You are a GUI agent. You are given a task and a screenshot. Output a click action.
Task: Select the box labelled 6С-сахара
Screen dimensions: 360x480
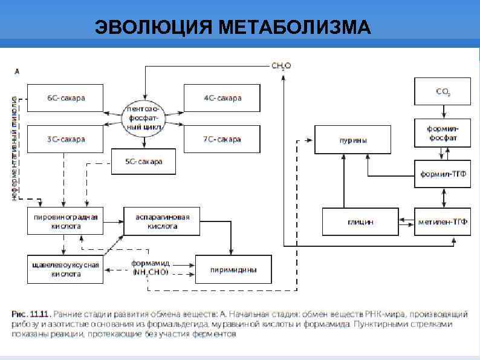pos(66,98)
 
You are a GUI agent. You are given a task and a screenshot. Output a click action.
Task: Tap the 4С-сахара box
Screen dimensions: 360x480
pos(222,98)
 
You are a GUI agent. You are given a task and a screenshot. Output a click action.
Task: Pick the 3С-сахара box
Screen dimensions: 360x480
pos(66,139)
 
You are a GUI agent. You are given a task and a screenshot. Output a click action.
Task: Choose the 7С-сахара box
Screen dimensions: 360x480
pos(222,139)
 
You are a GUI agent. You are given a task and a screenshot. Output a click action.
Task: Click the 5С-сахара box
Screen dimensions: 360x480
pos(143,162)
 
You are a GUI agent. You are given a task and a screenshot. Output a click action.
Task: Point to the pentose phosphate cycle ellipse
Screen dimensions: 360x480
pos(144,119)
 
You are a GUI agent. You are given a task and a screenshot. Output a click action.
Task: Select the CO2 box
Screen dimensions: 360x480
pos(443,91)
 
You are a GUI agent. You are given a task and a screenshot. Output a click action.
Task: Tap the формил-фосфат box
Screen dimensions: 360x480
pos(443,134)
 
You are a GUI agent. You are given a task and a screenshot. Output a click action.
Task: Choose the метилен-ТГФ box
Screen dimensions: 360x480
pos(443,222)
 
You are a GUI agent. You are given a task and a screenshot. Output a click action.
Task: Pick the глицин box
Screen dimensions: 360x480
pos(360,222)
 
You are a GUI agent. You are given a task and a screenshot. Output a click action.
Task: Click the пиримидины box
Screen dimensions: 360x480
pos(233,270)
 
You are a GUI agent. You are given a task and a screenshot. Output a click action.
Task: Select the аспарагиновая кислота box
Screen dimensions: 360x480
pos(161,221)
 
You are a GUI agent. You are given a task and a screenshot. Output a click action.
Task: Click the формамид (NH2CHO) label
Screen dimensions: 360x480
pos(151,268)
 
